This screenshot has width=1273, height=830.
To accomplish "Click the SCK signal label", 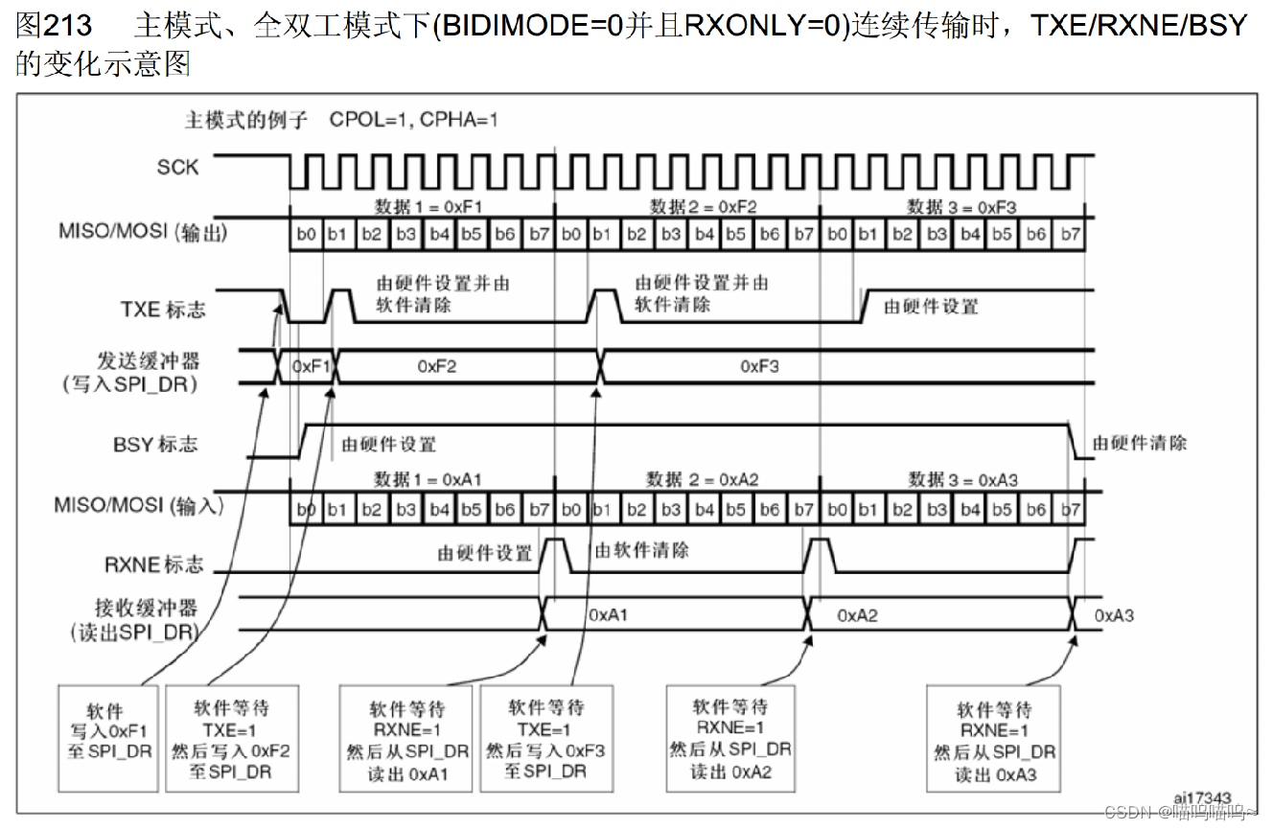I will pos(177,167).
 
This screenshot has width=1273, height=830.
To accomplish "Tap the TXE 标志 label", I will pos(163,310).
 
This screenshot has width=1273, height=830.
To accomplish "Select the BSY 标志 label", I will pos(155,445).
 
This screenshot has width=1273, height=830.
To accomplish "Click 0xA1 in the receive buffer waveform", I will pos(608,614).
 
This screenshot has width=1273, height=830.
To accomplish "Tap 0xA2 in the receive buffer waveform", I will pos(857,614).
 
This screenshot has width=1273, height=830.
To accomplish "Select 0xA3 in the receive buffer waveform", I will pos(1114,614).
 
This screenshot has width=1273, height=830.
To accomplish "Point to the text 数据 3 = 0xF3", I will pos(961,206).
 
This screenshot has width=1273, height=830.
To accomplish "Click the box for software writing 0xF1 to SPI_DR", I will pos(105,736).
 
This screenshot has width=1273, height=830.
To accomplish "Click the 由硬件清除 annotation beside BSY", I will pos(1140,443).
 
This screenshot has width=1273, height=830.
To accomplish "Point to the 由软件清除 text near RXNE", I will pos(641,550).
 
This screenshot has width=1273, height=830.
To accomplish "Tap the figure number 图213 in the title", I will pos(54,26).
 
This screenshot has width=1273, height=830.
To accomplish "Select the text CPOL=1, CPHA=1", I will pos(413,121).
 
